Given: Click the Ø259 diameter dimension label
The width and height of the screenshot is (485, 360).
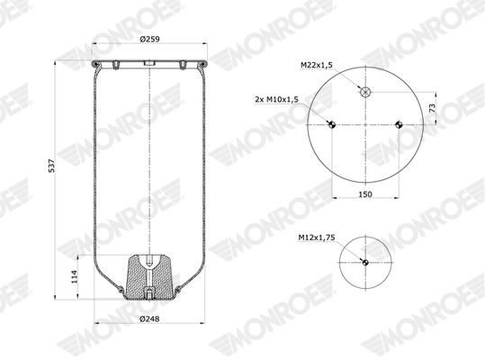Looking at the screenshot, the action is coord(149,40).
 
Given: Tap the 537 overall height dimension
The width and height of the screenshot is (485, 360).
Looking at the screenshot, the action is coord(51,166).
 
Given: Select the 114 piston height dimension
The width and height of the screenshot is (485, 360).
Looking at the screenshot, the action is coord(74,276).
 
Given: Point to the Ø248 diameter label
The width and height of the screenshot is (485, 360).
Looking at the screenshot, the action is coord(149,319).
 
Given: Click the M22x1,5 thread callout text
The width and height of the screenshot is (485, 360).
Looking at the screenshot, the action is coord(317,66).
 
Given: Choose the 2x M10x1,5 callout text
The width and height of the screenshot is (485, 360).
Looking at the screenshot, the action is coord(277,100).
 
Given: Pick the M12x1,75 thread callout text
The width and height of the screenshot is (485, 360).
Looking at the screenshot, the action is coord(317,238).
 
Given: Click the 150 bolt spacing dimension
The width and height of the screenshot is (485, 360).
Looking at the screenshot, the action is coord(365,194).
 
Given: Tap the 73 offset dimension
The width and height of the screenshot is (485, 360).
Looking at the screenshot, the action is coord(433,108).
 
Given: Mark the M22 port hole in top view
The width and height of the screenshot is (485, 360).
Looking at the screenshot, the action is coord(365,92).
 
